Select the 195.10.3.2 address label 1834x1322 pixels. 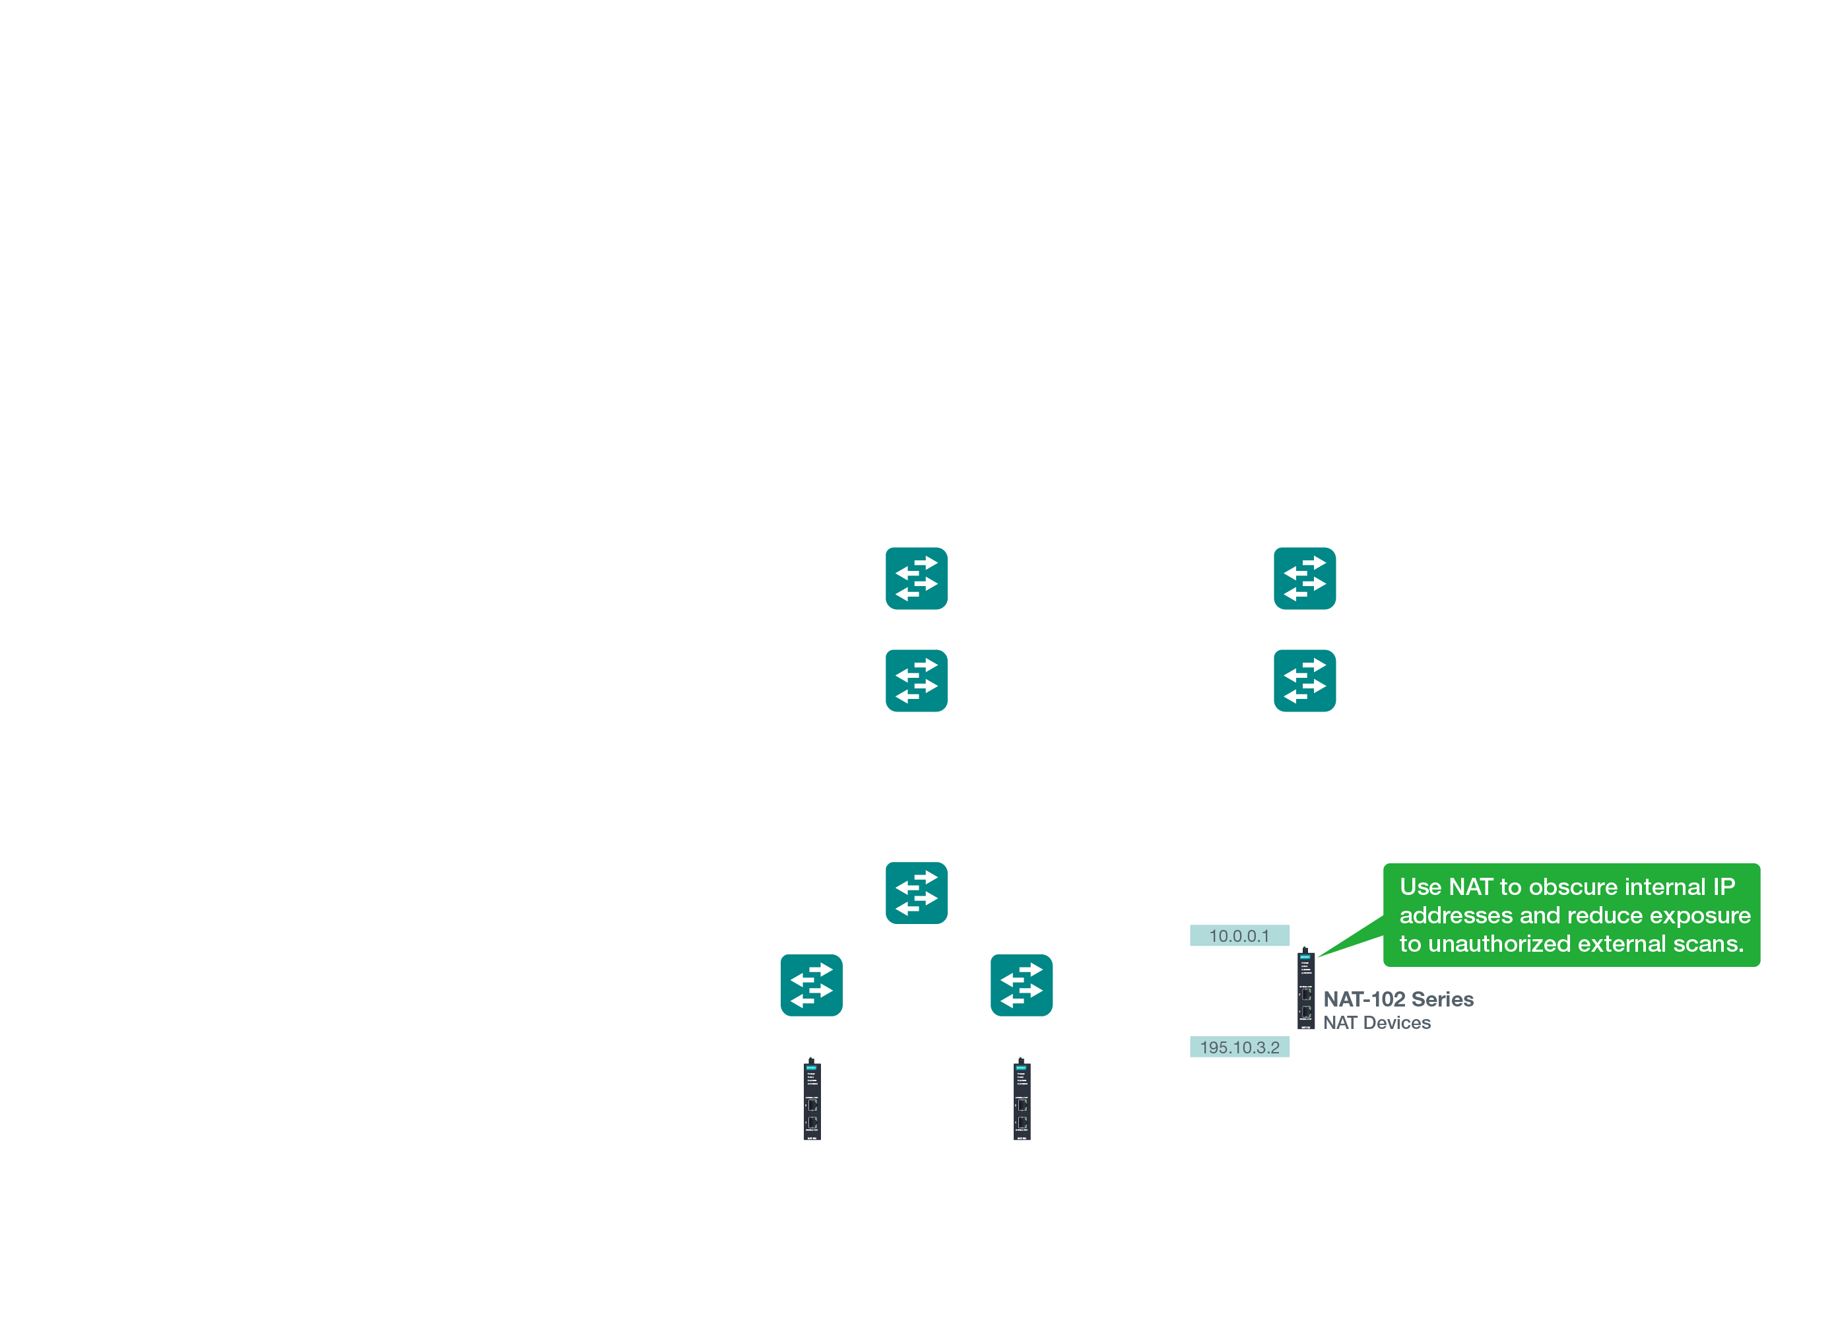(x=1239, y=1047)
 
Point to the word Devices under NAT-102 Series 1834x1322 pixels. (x=1396, y=1023)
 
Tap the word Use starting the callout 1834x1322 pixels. (x=1421, y=887)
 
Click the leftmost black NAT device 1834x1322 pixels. (x=812, y=1100)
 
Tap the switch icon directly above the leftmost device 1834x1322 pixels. (x=811, y=985)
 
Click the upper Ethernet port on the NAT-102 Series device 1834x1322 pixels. (x=1306, y=995)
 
